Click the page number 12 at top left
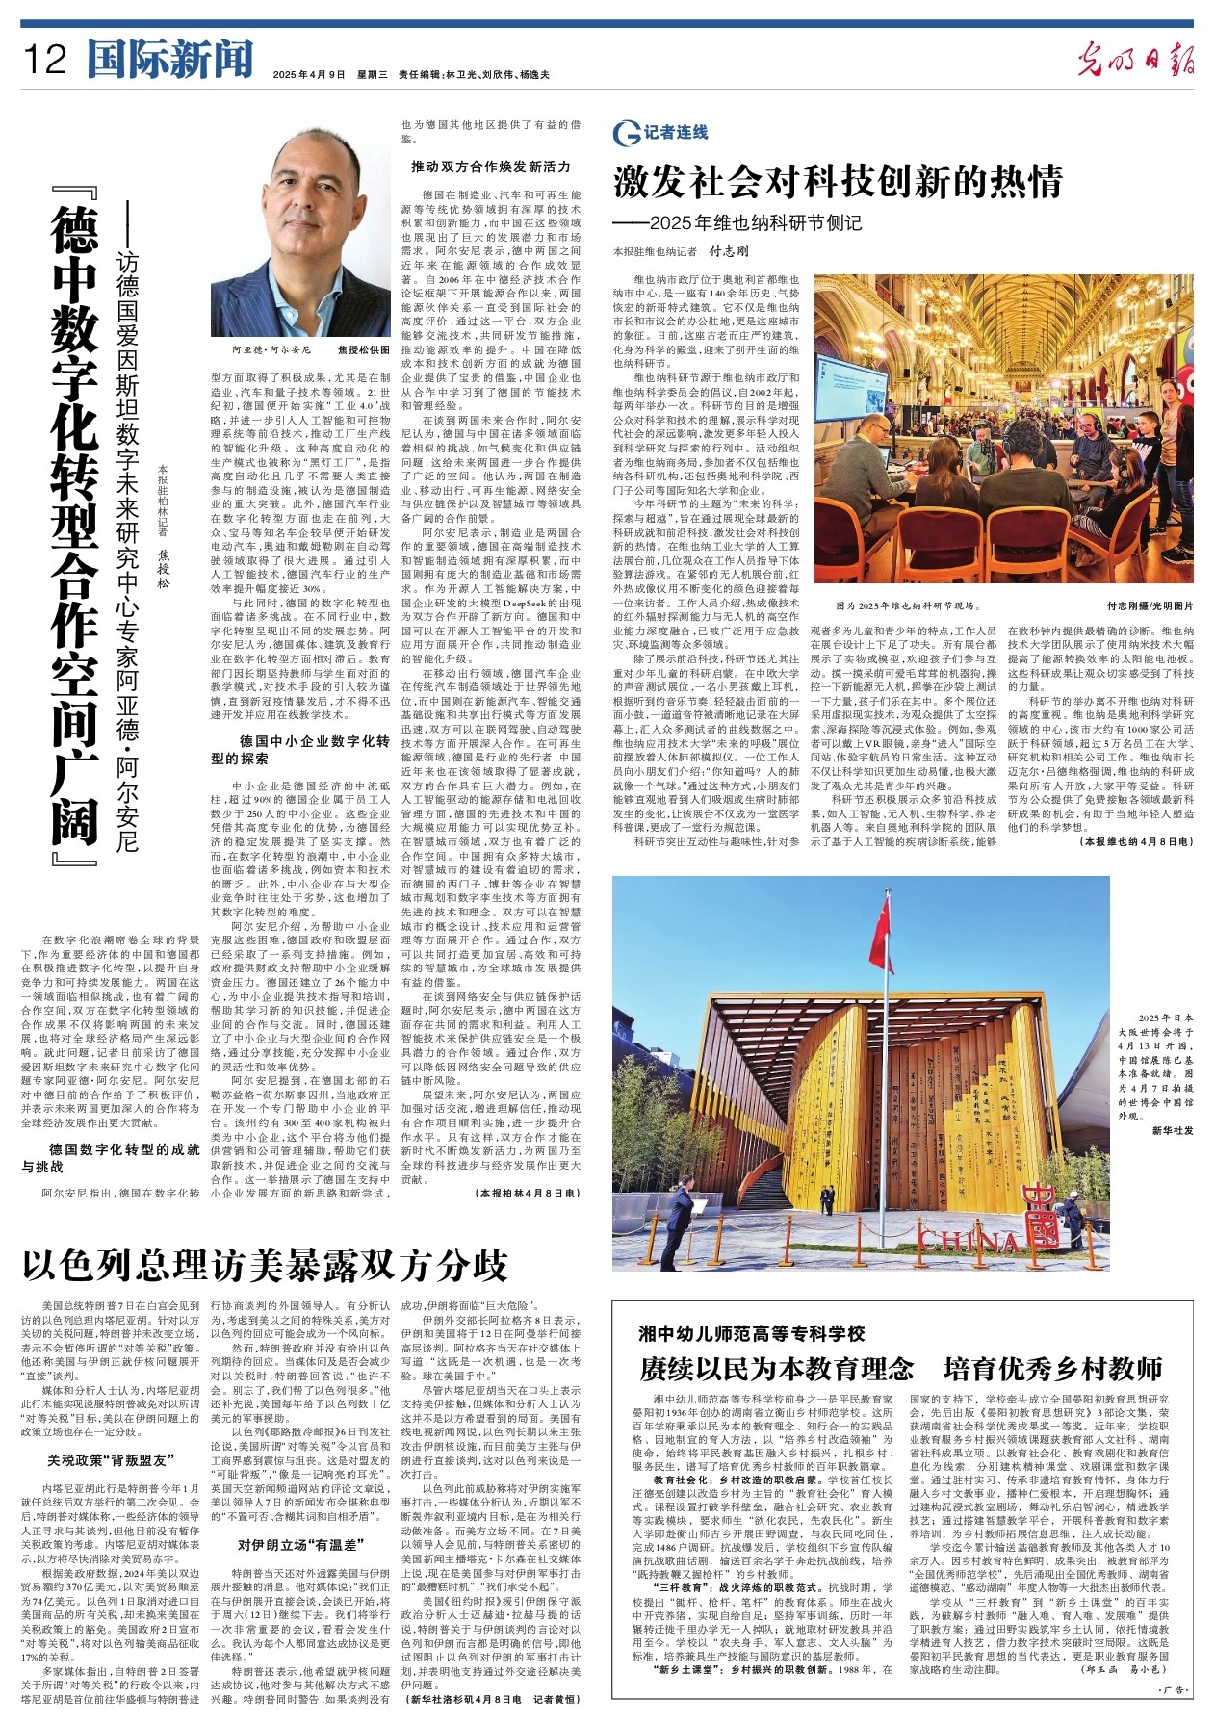44,60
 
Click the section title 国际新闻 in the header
169,59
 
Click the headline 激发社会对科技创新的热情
838,181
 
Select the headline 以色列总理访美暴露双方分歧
264,1264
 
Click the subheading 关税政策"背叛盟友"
111,1458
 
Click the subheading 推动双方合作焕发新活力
491,167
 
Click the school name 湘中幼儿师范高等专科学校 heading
752,1333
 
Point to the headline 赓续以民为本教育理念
776,1369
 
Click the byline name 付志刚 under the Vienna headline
728,251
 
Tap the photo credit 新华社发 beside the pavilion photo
1172,1130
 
